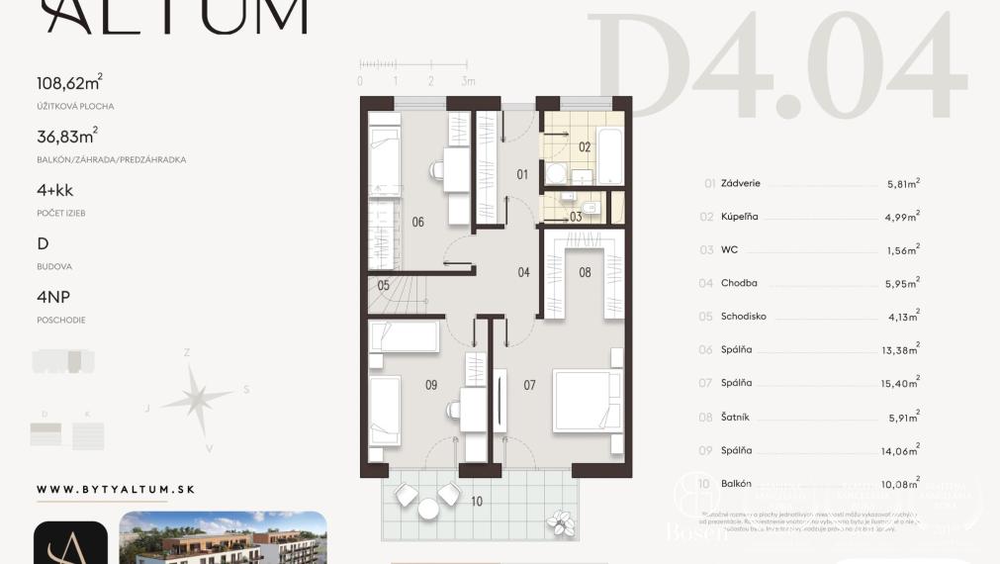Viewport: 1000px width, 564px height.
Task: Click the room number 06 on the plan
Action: point(417,223)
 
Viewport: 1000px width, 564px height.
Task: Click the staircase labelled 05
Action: point(397,293)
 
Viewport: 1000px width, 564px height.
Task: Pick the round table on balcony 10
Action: point(428,508)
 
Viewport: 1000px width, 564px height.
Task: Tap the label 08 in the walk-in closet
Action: point(585,272)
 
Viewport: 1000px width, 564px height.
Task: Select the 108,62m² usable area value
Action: point(69,84)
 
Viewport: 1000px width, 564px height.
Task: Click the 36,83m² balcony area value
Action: point(66,138)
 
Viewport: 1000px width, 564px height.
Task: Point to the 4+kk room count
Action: point(55,191)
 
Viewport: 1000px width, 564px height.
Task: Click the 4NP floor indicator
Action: point(53,298)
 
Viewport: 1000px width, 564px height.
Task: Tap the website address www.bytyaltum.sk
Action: point(115,490)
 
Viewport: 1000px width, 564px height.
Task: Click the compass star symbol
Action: point(196,399)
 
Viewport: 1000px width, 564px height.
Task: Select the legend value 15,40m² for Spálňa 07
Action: point(903,383)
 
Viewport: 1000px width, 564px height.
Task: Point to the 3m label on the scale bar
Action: point(468,81)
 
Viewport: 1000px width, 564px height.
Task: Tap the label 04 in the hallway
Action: point(523,272)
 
